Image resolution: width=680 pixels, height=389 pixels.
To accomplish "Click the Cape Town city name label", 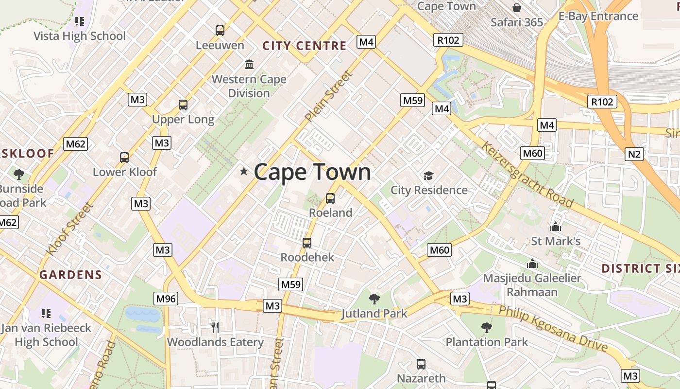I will [312, 172].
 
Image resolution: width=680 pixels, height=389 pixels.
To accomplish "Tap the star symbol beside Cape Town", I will [244, 171].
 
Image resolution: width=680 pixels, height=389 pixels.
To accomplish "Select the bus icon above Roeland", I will [330, 198].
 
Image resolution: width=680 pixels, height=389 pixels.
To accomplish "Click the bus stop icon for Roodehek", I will [307, 243].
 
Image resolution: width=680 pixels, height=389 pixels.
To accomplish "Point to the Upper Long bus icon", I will [183, 105].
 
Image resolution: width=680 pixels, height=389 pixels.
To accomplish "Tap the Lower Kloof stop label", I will [125, 172].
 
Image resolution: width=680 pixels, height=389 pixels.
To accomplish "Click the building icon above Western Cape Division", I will [249, 64].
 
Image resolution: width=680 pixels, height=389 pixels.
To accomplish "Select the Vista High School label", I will [80, 36].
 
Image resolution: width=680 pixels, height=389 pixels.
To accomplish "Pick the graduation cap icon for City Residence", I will [428, 176].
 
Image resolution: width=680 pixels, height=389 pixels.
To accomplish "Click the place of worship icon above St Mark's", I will [556, 227].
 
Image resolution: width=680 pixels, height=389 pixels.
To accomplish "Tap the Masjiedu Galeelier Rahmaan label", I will [532, 285].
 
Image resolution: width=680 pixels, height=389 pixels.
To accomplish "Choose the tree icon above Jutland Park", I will [374, 299].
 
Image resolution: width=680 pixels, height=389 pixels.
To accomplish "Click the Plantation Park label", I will [487, 342].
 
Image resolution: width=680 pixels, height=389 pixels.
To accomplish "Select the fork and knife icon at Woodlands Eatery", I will [215, 327].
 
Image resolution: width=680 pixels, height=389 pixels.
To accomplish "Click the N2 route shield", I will [634, 155].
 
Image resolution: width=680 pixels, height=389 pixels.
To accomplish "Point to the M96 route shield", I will [166, 299].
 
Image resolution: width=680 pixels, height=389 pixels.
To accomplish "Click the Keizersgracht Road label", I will [527, 174].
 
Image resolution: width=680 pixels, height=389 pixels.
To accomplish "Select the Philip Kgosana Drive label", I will [554, 328].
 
